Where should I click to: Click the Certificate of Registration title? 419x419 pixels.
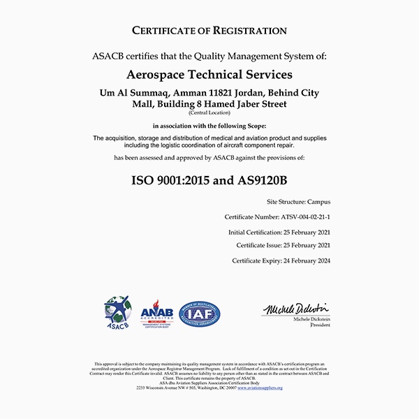(x=209, y=31)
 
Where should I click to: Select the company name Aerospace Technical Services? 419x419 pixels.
(x=209, y=74)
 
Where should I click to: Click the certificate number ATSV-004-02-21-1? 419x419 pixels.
(x=305, y=217)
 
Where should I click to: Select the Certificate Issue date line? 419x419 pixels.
(x=283, y=246)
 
